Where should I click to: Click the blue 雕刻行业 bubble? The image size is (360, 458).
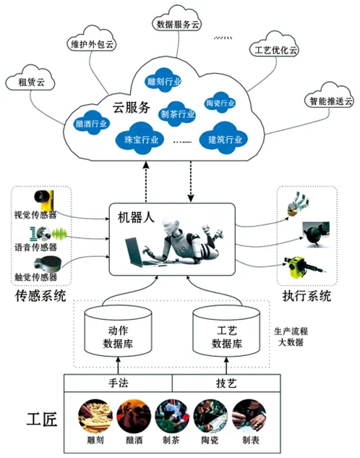[x=165, y=83]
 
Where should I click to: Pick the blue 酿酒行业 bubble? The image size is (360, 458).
[x=92, y=124]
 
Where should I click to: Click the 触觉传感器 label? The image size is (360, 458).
[x=35, y=277]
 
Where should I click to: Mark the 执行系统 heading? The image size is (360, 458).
[x=309, y=295]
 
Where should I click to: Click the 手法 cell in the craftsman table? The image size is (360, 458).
[x=117, y=383]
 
